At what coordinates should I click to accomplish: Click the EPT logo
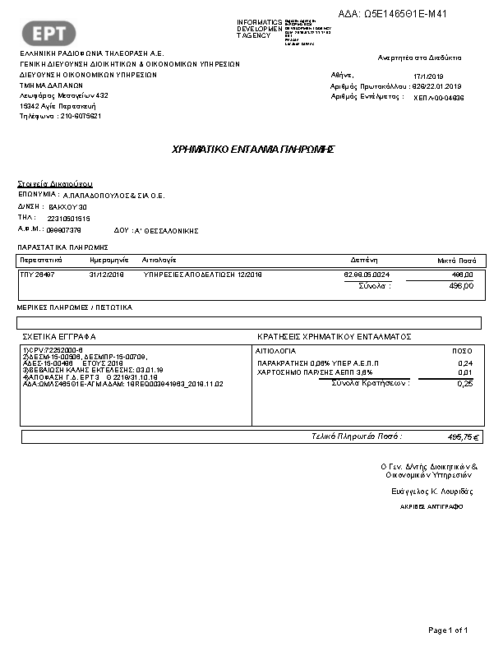pos(54,32)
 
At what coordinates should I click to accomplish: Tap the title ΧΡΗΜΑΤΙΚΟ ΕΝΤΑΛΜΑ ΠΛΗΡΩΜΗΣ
pos(252,150)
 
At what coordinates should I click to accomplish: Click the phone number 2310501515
pos(69,218)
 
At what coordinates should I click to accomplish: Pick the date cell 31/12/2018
pos(105,274)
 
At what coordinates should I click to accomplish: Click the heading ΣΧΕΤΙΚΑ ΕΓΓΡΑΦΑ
pos(59,336)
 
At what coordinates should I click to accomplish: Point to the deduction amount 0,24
pos(464,362)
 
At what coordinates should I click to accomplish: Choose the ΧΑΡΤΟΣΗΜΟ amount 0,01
pos(464,372)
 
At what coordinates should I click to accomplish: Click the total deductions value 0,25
pos(464,383)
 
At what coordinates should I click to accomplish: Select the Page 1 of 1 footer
pos(448,630)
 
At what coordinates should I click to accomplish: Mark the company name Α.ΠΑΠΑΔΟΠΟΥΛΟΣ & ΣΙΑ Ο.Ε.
pos(113,196)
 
